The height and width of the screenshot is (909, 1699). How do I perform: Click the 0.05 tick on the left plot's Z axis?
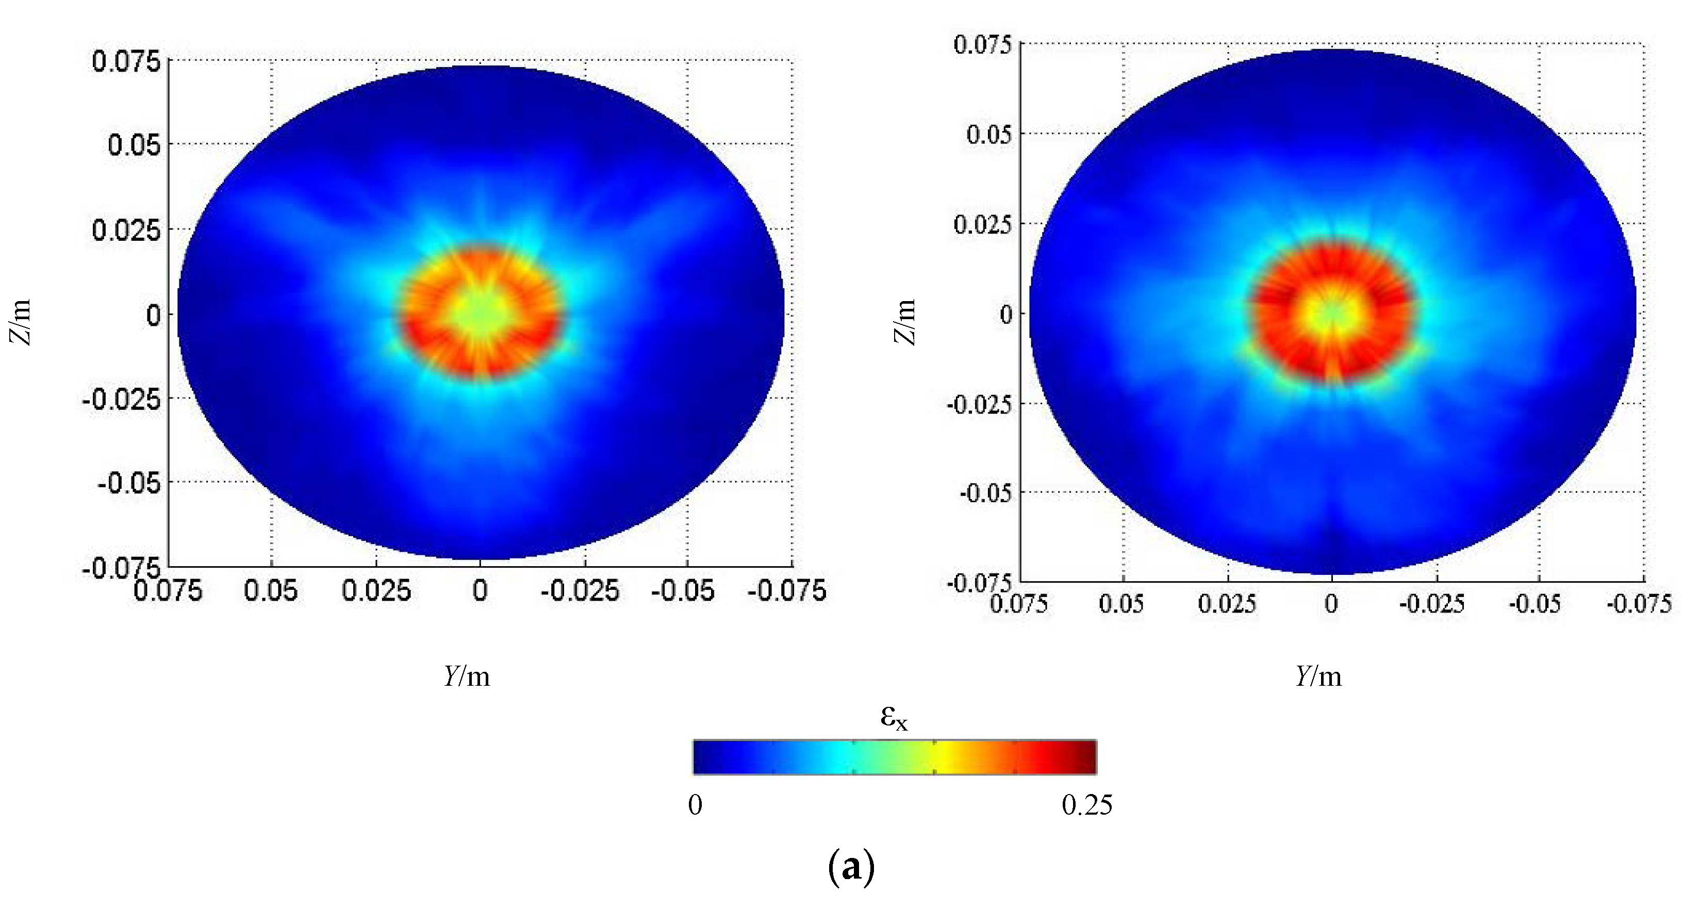tap(134, 144)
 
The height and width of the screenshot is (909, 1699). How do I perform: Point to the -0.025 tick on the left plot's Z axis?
tap(121, 399)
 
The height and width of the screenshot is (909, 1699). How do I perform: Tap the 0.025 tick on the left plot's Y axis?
tap(376, 590)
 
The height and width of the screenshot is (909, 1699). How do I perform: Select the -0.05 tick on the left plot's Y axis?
tap(683, 590)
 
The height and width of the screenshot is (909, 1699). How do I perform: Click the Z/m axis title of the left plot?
tap(21, 322)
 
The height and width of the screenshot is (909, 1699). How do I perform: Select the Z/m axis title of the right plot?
tap(905, 322)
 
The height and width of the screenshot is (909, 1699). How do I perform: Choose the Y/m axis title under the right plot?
tap(1318, 676)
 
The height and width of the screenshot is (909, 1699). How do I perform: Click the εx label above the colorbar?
tap(894, 717)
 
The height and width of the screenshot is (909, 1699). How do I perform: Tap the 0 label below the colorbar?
tap(695, 805)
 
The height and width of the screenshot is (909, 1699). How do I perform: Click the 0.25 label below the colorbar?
tap(1087, 805)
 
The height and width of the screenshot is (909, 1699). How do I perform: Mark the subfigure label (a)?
tap(851, 867)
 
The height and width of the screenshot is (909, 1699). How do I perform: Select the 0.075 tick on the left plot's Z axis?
tap(126, 61)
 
